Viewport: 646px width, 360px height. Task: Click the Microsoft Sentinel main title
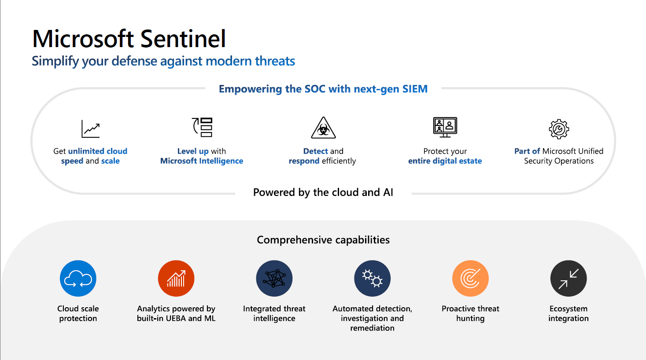pyautogui.click(x=129, y=39)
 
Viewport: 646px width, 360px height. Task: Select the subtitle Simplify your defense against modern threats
pyautogui.click(x=163, y=61)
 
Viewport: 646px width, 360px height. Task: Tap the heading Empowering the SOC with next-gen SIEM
pyautogui.click(x=323, y=89)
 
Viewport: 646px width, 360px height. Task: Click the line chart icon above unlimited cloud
pyautogui.click(x=91, y=129)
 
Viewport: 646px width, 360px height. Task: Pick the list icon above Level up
pyautogui.click(x=203, y=127)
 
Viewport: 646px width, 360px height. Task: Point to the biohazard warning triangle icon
pyautogui.click(x=323, y=128)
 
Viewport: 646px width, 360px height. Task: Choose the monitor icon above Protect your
pyautogui.click(x=445, y=127)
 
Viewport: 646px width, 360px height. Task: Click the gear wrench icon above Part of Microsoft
pyautogui.click(x=559, y=129)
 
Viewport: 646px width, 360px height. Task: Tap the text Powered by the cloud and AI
pyautogui.click(x=323, y=192)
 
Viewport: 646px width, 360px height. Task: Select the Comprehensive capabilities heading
pyautogui.click(x=323, y=240)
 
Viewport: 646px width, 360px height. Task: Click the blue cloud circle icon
pyautogui.click(x=78, y=279)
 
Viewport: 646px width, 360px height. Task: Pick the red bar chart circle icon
pyautogui.click(x=176, y=279)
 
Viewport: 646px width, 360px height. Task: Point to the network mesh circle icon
pyautogui.click(x=274, y=279)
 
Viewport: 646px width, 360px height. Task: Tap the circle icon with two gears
pyautogui.click(x=373, y=279)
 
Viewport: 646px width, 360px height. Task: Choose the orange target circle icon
pyautogui.click(x=470, y=279)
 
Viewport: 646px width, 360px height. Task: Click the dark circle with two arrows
pyautogui.click(x=568, y=279)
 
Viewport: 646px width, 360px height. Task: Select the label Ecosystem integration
pyautogui.click(x=568, y=313)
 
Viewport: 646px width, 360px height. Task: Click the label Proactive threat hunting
pyautogui.click(x=470, y=313)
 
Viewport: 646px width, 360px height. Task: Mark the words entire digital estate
pyautogui.click(x=445, y=161)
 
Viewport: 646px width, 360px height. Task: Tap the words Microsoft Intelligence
pyautogui.click(x=202, y=161)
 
